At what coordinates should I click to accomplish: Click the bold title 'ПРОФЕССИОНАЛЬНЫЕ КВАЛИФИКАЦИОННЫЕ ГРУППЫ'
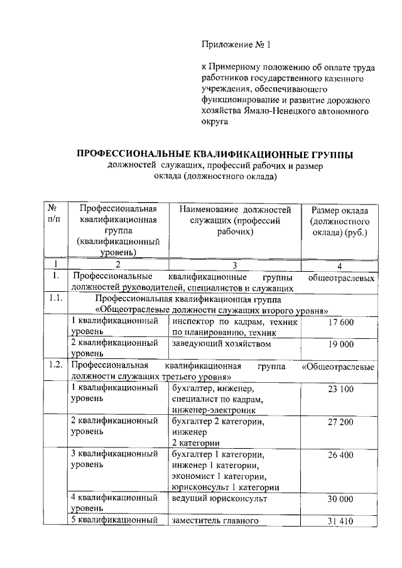tap(215, 154)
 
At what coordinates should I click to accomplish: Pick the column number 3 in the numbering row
tap(234, 264)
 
